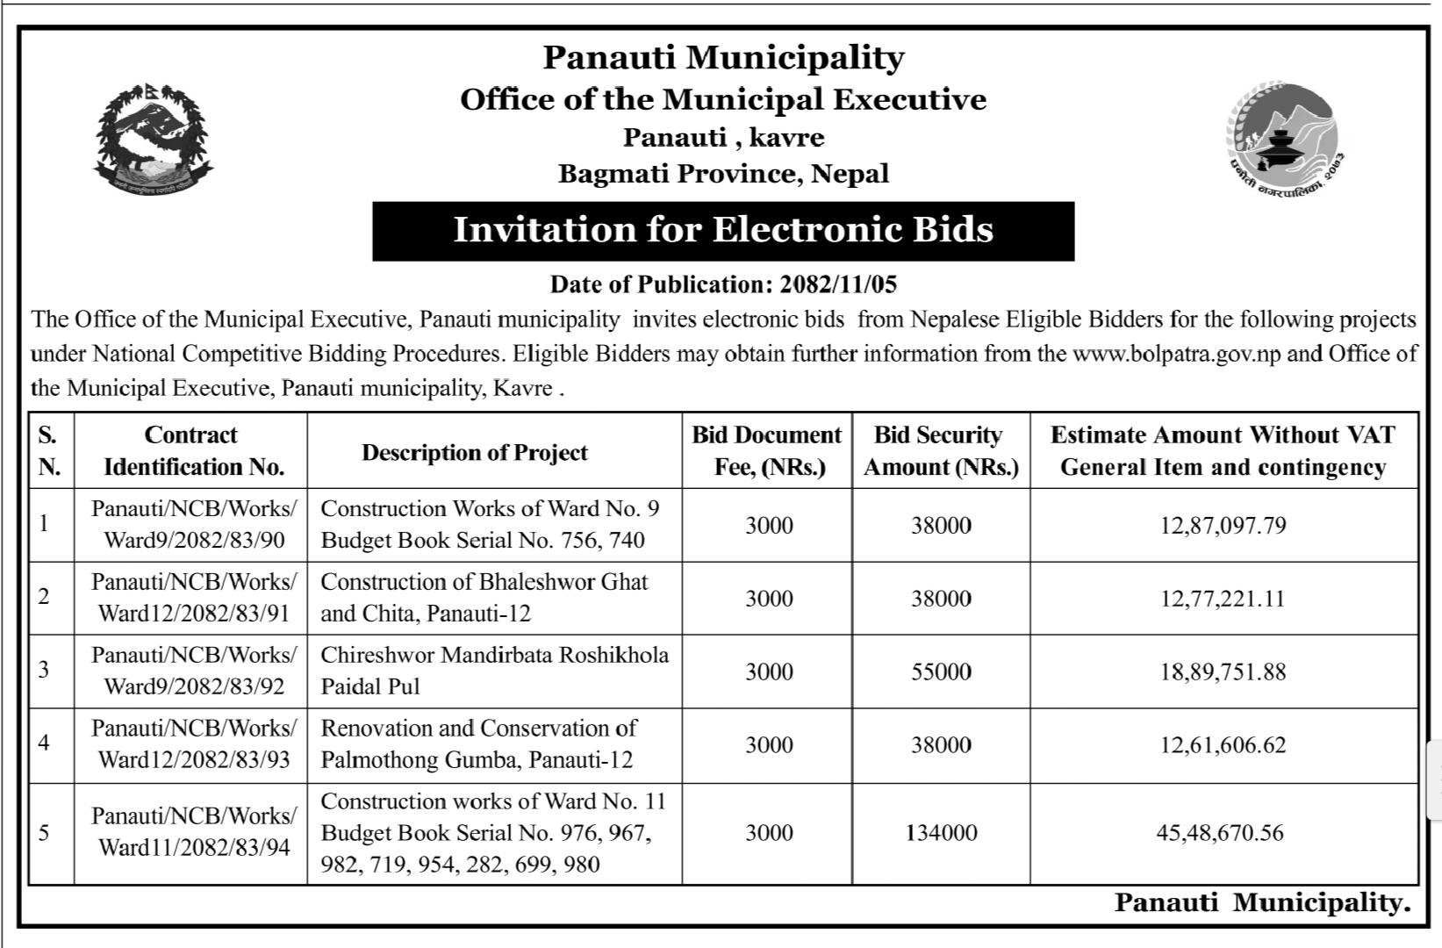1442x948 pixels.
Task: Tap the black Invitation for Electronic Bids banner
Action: (723, 231)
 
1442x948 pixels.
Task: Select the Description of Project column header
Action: (475, 453)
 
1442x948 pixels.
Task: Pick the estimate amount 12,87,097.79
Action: (1223, 526)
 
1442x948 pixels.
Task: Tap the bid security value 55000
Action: (941, 672)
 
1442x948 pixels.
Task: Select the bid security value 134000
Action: (941, 833)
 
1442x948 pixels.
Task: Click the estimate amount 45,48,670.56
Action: (1220, 833)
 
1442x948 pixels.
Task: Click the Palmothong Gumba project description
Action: (478, 744)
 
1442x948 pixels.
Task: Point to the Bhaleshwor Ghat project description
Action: (484, 598)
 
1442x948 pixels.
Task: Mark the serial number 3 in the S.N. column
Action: (44, 670)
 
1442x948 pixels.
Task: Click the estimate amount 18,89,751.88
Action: (1223, 672)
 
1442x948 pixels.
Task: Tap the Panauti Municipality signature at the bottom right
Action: (1262, 903)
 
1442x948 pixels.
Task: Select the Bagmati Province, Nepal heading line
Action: (723, 174)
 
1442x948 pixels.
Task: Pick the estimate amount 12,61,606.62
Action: (1223, 745)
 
